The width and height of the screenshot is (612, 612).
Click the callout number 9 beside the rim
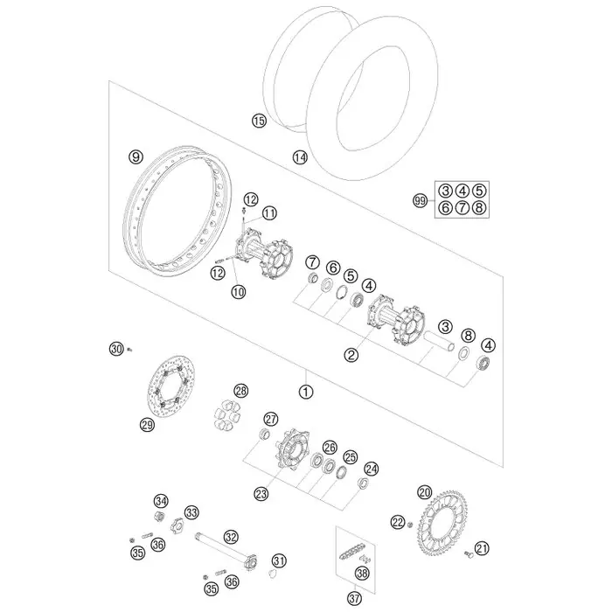[136, 156]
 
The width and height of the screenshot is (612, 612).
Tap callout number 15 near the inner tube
[259, 121]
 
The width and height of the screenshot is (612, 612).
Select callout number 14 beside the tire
[300, 157]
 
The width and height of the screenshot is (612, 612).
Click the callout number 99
[421, 201]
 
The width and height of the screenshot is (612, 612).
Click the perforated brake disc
[170, 387]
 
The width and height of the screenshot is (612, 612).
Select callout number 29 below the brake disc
[147, 425]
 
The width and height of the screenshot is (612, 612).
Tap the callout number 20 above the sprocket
[425, 492]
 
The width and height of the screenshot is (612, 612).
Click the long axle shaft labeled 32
[226, 553]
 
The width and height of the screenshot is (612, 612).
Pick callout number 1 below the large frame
[306, 392]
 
